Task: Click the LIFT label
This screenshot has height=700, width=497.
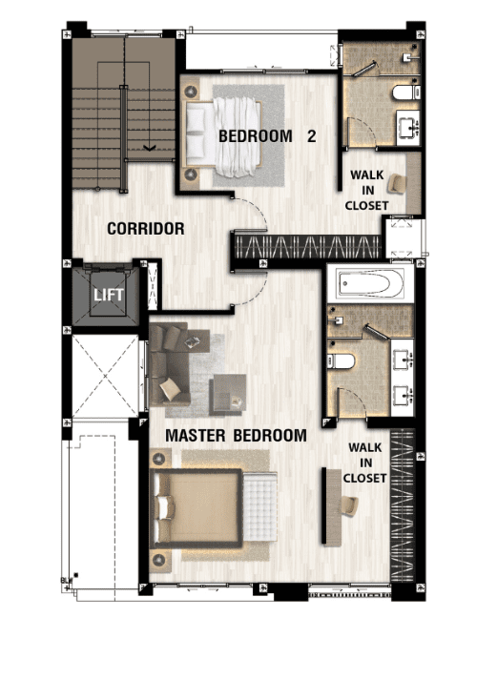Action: [109, 295]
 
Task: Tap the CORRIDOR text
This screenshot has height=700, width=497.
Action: [146, 229]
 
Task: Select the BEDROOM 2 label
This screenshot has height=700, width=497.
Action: [267, 135]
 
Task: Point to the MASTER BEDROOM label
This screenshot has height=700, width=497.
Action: [236, 435]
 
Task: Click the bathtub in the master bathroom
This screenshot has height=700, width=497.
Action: [371, 283]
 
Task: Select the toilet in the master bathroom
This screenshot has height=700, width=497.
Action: [341, 361]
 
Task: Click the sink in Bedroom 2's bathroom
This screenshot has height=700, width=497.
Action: [407, 128]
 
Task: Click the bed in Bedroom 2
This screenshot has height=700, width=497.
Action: [223, 136]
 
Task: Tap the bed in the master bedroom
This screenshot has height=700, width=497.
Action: [197, 508]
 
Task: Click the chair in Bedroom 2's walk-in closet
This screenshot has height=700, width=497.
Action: [397, 184]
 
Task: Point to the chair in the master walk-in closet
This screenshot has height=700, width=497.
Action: [349, 506]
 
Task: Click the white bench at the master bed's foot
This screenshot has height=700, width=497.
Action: [259, 505]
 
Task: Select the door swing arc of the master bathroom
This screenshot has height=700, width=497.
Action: [355, 400]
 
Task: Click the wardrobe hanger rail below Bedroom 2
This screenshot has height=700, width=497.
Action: [307, 246]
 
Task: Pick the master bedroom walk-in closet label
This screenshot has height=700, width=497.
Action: [364, 463]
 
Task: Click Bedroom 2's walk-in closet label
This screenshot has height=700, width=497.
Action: [367, 190]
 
